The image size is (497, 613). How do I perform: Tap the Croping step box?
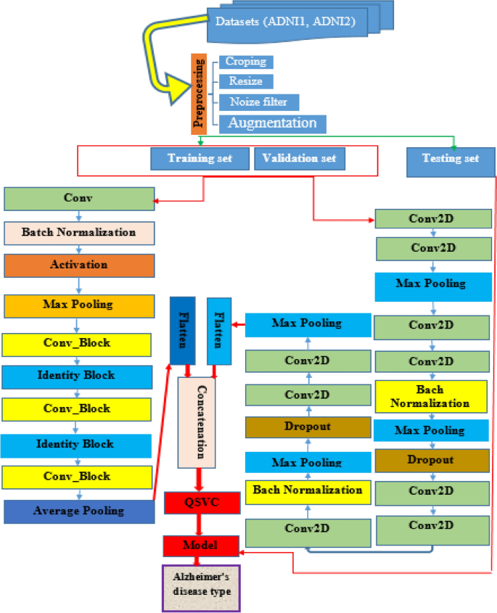(245, 62)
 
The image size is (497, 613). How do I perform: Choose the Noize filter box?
(258, 102)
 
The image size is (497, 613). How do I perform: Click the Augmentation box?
(273, 123)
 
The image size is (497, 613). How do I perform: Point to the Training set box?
(200, 159)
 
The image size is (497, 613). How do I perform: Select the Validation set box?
(299, 159)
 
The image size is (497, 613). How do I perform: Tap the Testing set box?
(451, 159)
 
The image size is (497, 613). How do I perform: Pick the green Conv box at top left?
(79, 198)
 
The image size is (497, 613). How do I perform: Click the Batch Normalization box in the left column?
(79, 233)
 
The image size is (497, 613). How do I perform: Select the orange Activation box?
(79, 265)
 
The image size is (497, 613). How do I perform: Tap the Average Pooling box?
(79, 511)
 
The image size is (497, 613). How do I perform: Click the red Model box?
(199, 545)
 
